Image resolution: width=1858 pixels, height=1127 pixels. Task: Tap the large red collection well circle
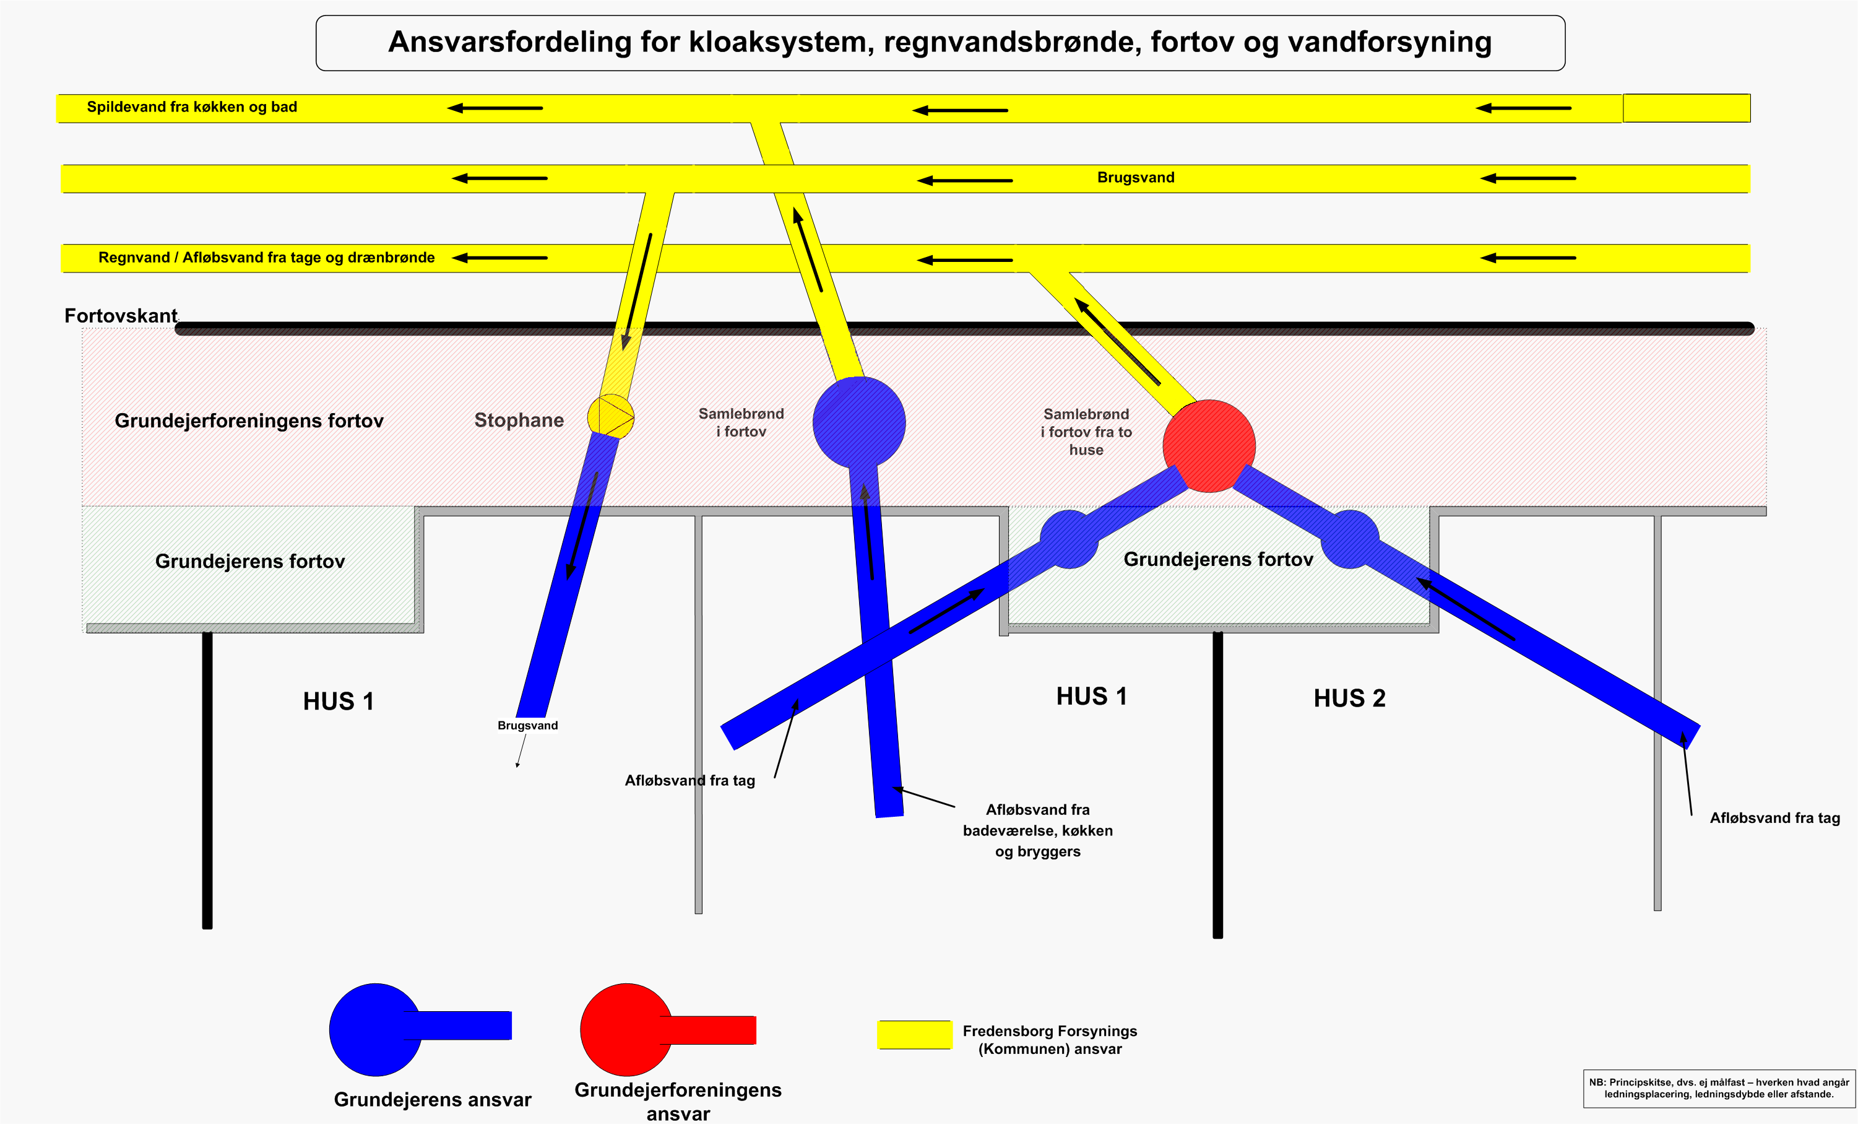pos(1209,446)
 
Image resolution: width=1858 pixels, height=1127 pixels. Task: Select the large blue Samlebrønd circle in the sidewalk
pos(859,422)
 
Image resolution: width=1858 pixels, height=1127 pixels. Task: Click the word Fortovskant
pos(121,315)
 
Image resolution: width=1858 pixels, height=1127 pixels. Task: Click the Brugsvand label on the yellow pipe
pos(1136,178)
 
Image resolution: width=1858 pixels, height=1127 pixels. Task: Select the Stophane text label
pos(519,420)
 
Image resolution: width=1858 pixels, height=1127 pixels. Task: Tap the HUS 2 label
pos(1349,698)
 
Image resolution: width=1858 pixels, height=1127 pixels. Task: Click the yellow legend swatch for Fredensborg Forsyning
pos(914,1035)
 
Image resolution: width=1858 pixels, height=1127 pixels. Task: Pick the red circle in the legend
pos(626,1030)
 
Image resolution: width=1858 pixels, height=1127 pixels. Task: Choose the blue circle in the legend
pos(376,1030)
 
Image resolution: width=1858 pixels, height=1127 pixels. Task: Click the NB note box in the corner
pos(1719,1089)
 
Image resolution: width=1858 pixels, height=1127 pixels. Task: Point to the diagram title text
pos(940,42)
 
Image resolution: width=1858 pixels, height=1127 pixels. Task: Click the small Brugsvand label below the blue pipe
pos(528,726)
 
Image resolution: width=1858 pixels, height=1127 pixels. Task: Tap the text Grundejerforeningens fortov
pos(249,421)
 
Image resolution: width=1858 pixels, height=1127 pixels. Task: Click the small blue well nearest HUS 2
pos(1350,539)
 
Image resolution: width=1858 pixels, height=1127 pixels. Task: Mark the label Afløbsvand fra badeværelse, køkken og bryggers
pos(1037,830)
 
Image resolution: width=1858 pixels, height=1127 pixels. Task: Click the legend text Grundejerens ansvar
pos(432,1100)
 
